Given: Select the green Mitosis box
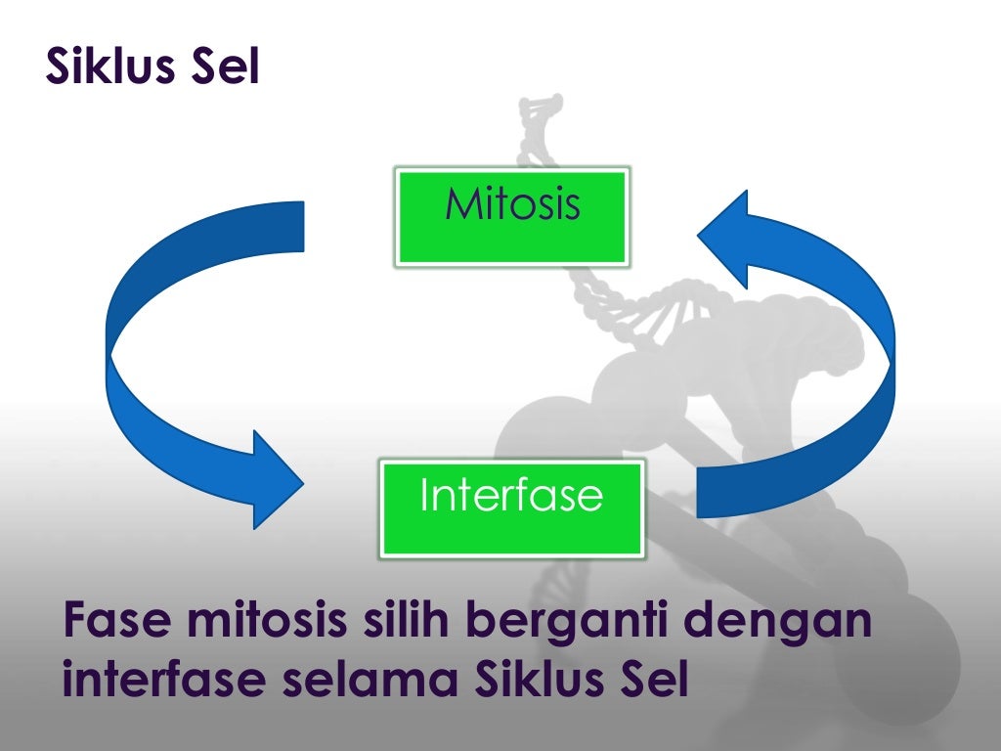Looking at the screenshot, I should coord(511,216).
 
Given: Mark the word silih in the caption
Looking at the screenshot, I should coord(410,623).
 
